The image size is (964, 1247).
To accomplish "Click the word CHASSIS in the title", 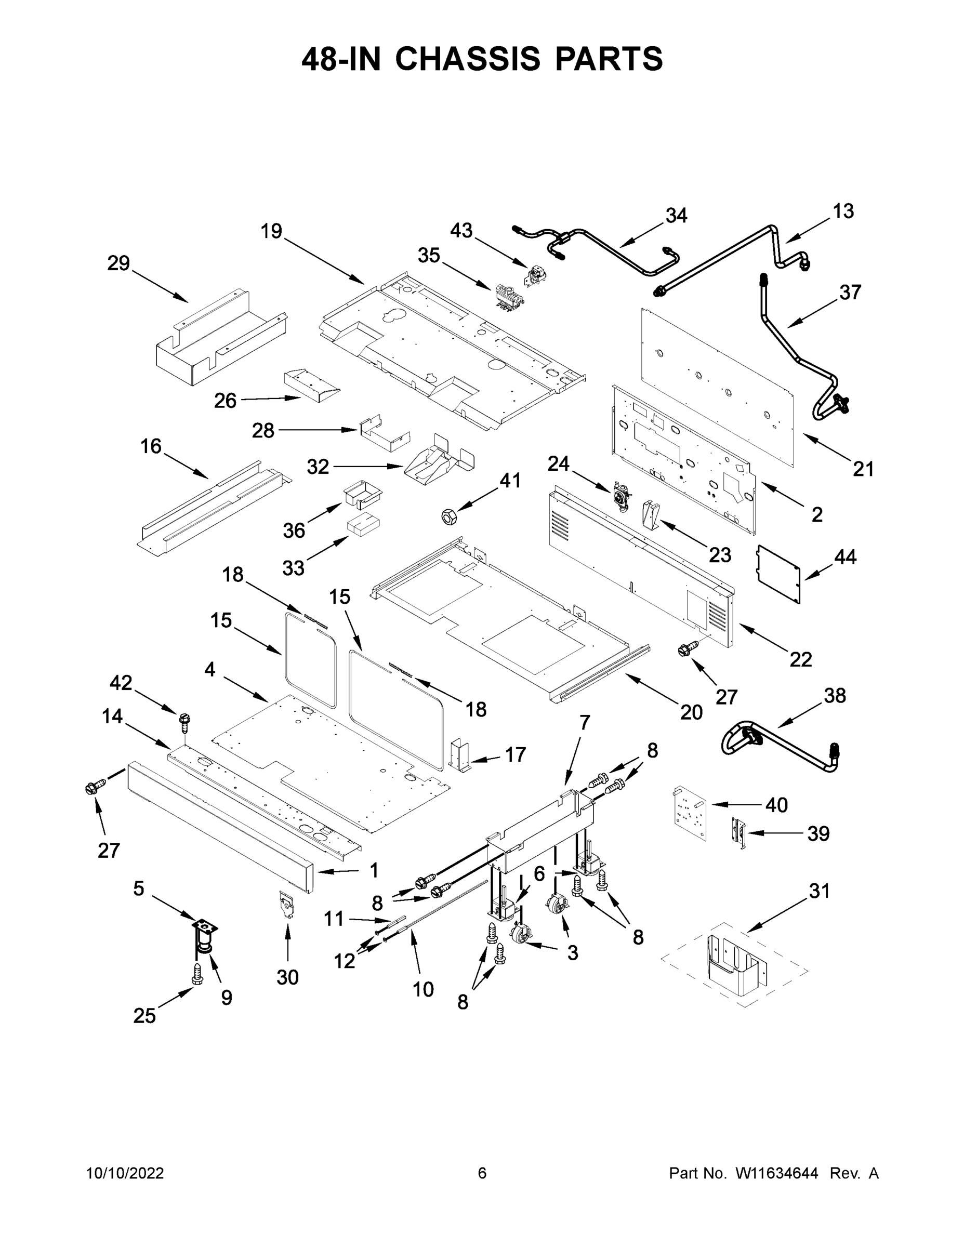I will (467, 59).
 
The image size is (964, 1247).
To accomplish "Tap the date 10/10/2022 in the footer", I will (125, 1173).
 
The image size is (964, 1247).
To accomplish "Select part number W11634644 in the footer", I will (777, 1173).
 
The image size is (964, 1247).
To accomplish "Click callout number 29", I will (119, 263).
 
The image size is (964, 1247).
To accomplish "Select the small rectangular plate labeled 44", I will (778, 573).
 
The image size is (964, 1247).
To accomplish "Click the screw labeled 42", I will (184, 722).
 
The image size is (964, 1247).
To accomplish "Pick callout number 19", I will (272, 231).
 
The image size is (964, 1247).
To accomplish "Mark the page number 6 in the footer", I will (482, 1173).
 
